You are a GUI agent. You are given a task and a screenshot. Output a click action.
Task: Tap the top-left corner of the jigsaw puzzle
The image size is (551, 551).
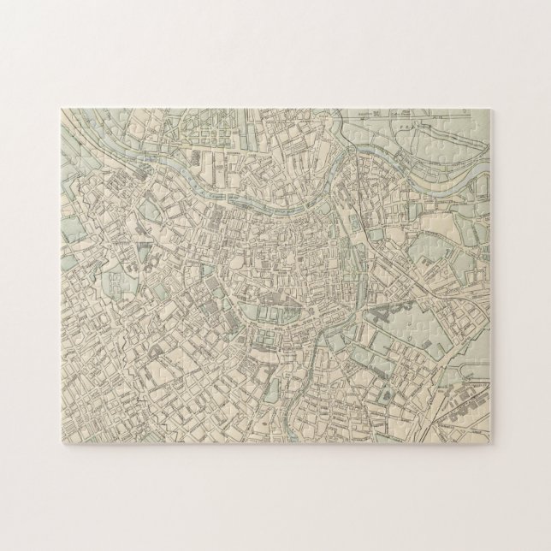(59, 108)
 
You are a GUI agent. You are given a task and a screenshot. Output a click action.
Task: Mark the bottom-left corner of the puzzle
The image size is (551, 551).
(59, 441)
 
